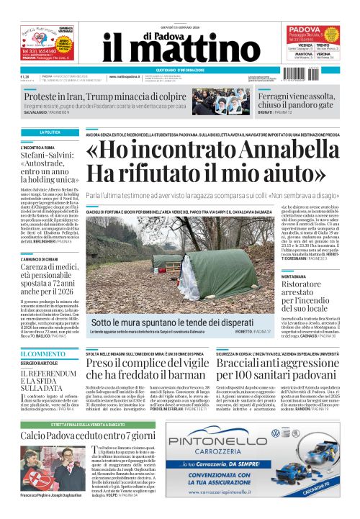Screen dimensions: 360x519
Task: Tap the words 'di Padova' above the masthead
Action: coord(180,24)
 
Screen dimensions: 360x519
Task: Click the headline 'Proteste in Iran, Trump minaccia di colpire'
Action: coord(106,96)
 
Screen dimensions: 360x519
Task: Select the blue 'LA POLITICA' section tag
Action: coord(50,132)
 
